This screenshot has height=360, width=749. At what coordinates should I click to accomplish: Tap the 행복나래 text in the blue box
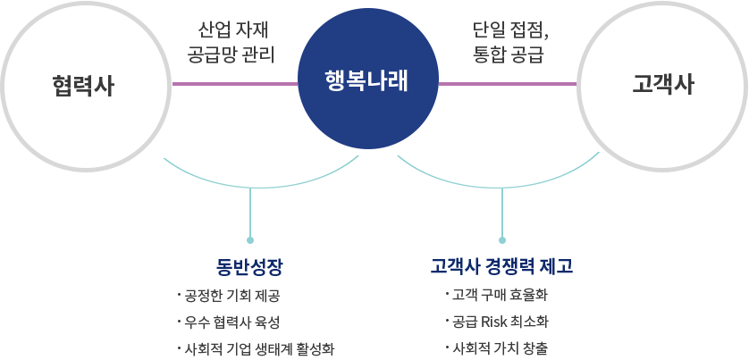pos(367,80)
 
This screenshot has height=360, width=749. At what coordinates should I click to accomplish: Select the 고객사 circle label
pos(662,85)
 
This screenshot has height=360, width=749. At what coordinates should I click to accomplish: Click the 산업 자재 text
pos(235,29)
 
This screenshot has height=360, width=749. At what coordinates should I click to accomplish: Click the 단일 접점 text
pos(510,29)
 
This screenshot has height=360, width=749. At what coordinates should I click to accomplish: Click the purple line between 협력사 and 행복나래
pos(234,84)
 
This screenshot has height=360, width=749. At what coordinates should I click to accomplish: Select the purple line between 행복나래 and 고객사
pos(508,84)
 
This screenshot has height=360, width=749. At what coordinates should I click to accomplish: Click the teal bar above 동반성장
pos(265,171)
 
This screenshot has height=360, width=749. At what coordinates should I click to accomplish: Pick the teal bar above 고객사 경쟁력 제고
pos(500,171)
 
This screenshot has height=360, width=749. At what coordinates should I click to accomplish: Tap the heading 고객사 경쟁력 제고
pos(501,266)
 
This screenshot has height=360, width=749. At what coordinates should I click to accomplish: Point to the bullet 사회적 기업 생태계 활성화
pos(258,347)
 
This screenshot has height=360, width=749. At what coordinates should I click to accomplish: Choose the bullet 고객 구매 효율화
pos(500,294)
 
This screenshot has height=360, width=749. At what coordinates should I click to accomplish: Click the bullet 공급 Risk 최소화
pos(501,321)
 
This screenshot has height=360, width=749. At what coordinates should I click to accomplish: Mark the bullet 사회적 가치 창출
pos(501,347)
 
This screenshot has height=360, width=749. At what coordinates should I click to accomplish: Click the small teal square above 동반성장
pos(250,239)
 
